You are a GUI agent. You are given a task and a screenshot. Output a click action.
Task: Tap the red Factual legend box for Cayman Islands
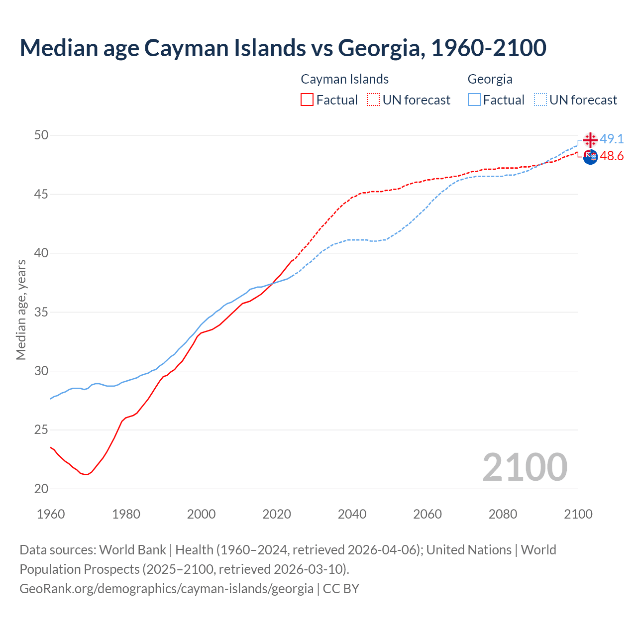pos(307,100)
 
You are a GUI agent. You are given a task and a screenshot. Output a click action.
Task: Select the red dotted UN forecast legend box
pos(373,100)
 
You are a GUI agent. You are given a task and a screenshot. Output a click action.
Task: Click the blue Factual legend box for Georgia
pos(474,100)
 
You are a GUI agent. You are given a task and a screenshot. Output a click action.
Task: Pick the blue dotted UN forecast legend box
pos(540,100)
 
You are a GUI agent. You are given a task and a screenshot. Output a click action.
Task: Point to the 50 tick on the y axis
pos(41,135)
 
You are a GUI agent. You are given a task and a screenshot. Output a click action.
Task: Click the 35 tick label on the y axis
pos(41,312)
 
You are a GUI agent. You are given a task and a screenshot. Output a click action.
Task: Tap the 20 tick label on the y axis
pos(41,489)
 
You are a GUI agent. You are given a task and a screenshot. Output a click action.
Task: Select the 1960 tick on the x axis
pos(51,514)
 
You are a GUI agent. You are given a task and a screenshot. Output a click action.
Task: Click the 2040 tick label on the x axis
pos(352,514)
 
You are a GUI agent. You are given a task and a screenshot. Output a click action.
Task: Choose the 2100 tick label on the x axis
pos(578,514)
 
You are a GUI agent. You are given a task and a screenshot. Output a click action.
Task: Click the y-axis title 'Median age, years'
pos(21,310)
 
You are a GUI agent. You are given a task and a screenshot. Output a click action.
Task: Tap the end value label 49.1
pos(612,139)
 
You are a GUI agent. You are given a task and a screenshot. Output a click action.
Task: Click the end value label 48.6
pos(612,156)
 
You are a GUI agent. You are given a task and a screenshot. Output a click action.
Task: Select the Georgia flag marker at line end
pos(590,140)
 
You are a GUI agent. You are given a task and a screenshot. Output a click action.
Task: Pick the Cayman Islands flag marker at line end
pos(590,157)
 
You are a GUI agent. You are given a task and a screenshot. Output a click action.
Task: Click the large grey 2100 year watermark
pos(525,467)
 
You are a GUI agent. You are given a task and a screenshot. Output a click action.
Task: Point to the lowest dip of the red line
pos(86,474)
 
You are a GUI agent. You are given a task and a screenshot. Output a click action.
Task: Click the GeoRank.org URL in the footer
pos(166,589)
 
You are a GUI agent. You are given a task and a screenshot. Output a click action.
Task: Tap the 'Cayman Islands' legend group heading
pos(344,79)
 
